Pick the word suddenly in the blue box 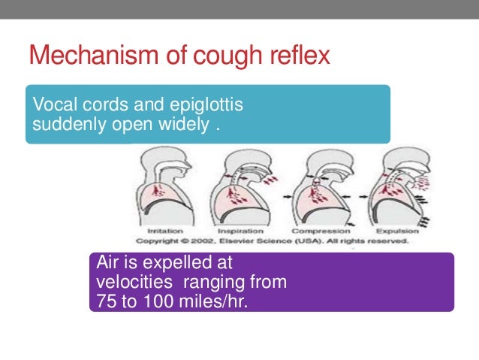point(64,122)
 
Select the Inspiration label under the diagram point(240,231)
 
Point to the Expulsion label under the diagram point(393,231)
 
